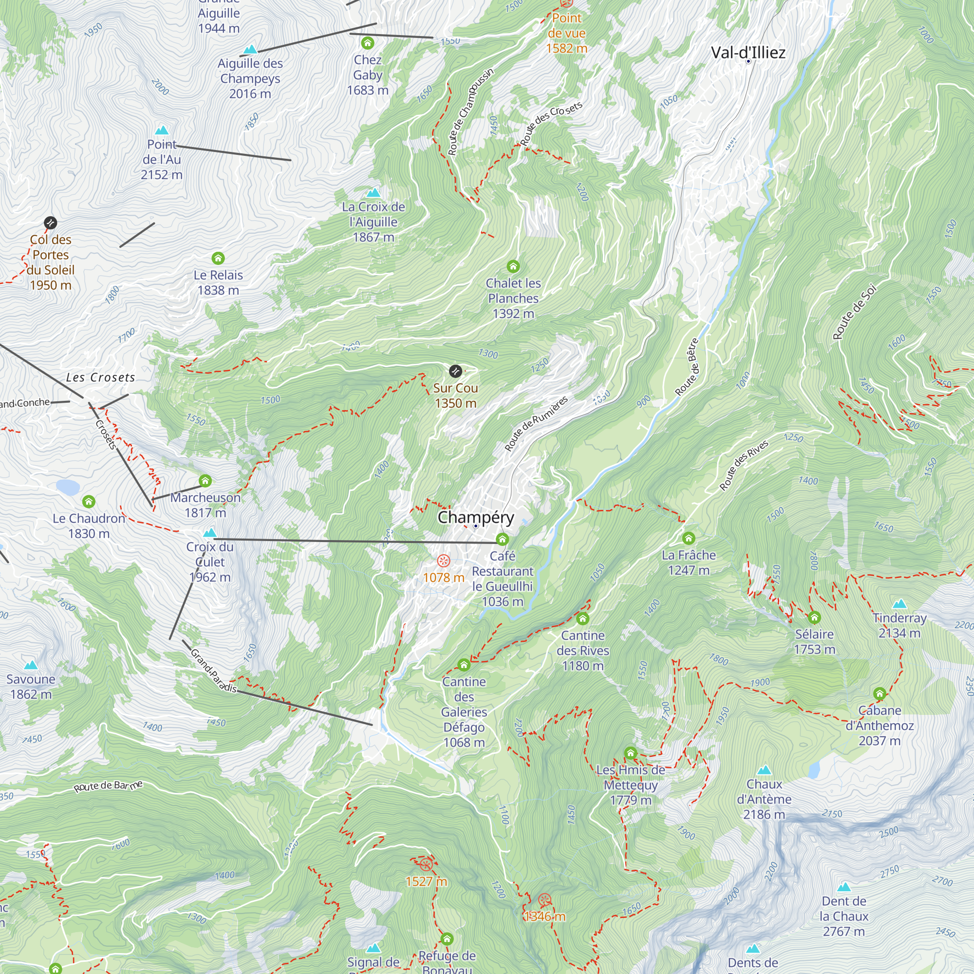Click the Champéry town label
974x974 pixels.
point(475,517)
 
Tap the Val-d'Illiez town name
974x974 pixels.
point(748,53)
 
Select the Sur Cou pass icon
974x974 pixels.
point(455,372)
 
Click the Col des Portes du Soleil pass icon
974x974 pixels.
point(51,223)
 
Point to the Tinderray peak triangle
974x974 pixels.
point(899,604)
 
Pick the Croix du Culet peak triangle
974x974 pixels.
point(210,533)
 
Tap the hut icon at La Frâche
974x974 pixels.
point(689,539)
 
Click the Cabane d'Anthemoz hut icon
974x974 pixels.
point(880,693)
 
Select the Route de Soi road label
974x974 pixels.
point(855,313)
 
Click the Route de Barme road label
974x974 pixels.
point(109,786)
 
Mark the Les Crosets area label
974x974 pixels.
point(101,377)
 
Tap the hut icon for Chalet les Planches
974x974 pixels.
point(513,266)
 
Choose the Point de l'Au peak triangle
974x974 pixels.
point(161,131)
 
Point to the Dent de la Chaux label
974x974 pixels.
point(844,916)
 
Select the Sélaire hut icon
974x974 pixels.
point(814,618)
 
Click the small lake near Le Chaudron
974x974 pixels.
point(68,487)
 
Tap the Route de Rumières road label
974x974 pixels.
point(536,424)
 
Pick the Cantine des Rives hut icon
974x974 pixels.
point(583,618)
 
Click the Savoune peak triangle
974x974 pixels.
point(31,665)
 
